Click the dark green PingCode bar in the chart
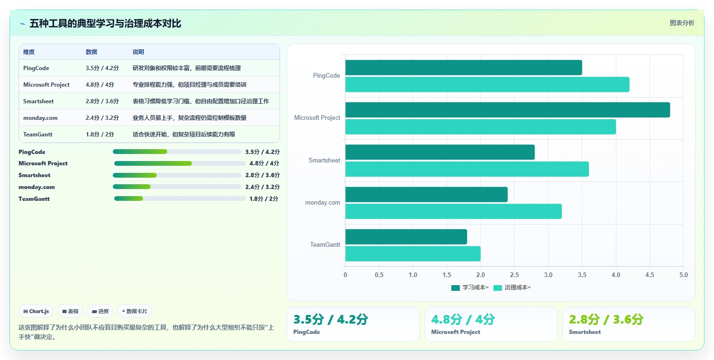(463, 68)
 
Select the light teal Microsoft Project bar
(481, 127)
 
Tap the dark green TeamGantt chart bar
(406, 237)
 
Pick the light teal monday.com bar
(453, 211)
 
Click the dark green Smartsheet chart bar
(440, 152)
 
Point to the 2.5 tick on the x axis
(514, 275)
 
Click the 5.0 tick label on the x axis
(683, 275)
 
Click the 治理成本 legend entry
(512, 288)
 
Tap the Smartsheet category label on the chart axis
(324, 160)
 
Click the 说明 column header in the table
(138, 52)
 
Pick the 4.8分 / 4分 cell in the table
(100, 85)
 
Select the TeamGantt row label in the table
(37, 135)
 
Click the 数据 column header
(91, 52)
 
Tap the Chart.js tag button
(36, 311)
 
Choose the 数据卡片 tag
(135, 311)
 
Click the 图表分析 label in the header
(682, 23)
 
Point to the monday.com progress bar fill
(132, 187)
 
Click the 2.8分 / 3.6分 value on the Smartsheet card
(606, 319)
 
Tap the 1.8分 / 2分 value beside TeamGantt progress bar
(263, 199)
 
